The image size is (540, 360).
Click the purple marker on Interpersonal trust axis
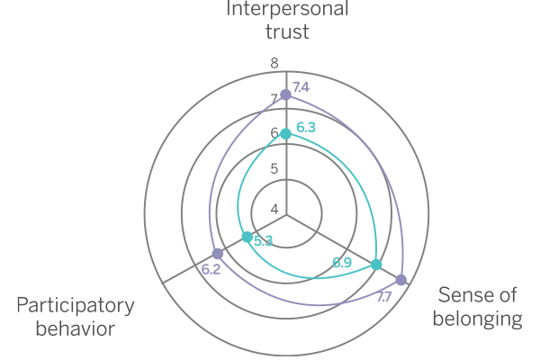click(285, 94)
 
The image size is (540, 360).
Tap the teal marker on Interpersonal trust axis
click(285, 134)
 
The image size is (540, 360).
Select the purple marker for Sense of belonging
click(400, 280)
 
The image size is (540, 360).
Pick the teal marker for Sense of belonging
click(376, 265)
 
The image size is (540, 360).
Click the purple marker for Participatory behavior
click(217, 254)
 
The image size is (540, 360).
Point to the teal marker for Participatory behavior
click(246, 238)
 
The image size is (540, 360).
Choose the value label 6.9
click(341, 263)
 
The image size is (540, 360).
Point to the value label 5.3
click(263, 240)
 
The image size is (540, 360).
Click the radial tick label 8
click(274, 63)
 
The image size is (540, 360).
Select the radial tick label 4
click(274, 209)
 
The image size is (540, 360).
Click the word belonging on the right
click(478, 318)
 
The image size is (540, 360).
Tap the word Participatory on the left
click(75, 304)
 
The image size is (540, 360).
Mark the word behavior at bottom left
click(75, 328)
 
